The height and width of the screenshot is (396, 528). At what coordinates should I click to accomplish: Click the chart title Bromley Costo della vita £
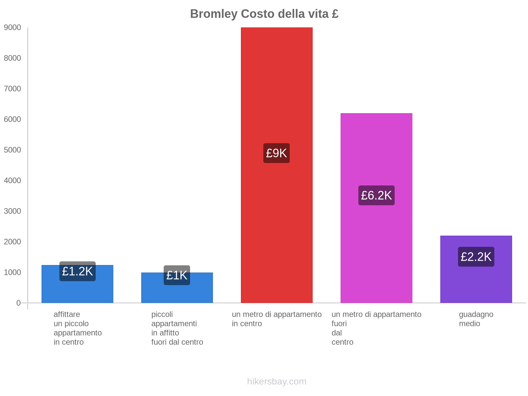[x=264, y=14]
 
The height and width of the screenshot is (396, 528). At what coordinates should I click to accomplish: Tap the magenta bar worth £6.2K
[x=376, y=148]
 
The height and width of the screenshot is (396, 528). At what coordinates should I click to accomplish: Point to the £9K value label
[x=277, y=153]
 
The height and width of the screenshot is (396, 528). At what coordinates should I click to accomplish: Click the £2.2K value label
[x=476, y=257]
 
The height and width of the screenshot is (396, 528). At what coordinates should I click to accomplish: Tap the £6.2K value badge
[x=376, y=195]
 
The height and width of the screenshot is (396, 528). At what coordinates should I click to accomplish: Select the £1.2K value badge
[x=77, y=271]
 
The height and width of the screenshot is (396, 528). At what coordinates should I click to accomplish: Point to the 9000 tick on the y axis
[x=13, y=28]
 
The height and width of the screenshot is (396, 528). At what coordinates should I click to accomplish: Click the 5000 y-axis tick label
[x=13, y=150]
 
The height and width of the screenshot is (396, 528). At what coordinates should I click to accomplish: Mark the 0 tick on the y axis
[x=18, y=303]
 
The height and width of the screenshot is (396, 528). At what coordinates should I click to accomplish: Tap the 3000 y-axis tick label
[x=13, y=211]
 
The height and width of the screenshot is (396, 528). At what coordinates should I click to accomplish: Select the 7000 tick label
[x=13, y=89]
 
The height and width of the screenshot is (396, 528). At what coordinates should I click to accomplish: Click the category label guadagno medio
[x=476, y=319]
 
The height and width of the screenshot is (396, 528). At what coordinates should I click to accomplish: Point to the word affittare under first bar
[x=67, y=314]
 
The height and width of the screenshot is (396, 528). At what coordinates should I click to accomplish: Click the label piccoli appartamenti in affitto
[x=177, y=328]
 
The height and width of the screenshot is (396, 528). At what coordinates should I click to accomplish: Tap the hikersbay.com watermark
[x=277, y=381]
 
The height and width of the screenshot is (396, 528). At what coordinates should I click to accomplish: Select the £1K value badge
[x=177, y=275]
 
